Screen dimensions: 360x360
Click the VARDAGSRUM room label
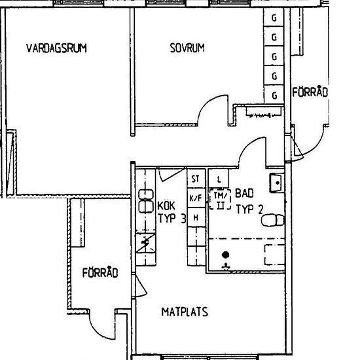point(56,48)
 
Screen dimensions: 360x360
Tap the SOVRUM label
point(187,48)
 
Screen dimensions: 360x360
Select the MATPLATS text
point(185,312)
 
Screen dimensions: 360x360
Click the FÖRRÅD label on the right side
point(310,93)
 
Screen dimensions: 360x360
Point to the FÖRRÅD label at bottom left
point(99,274)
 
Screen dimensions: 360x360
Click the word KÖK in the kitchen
point(167,206)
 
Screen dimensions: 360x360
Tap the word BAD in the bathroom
point(244,194)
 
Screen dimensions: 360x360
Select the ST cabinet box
point(195,178)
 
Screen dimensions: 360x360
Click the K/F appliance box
point(195,198)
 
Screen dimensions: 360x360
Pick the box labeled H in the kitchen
point(195,217)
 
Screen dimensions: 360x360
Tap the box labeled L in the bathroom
point(219,178)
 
